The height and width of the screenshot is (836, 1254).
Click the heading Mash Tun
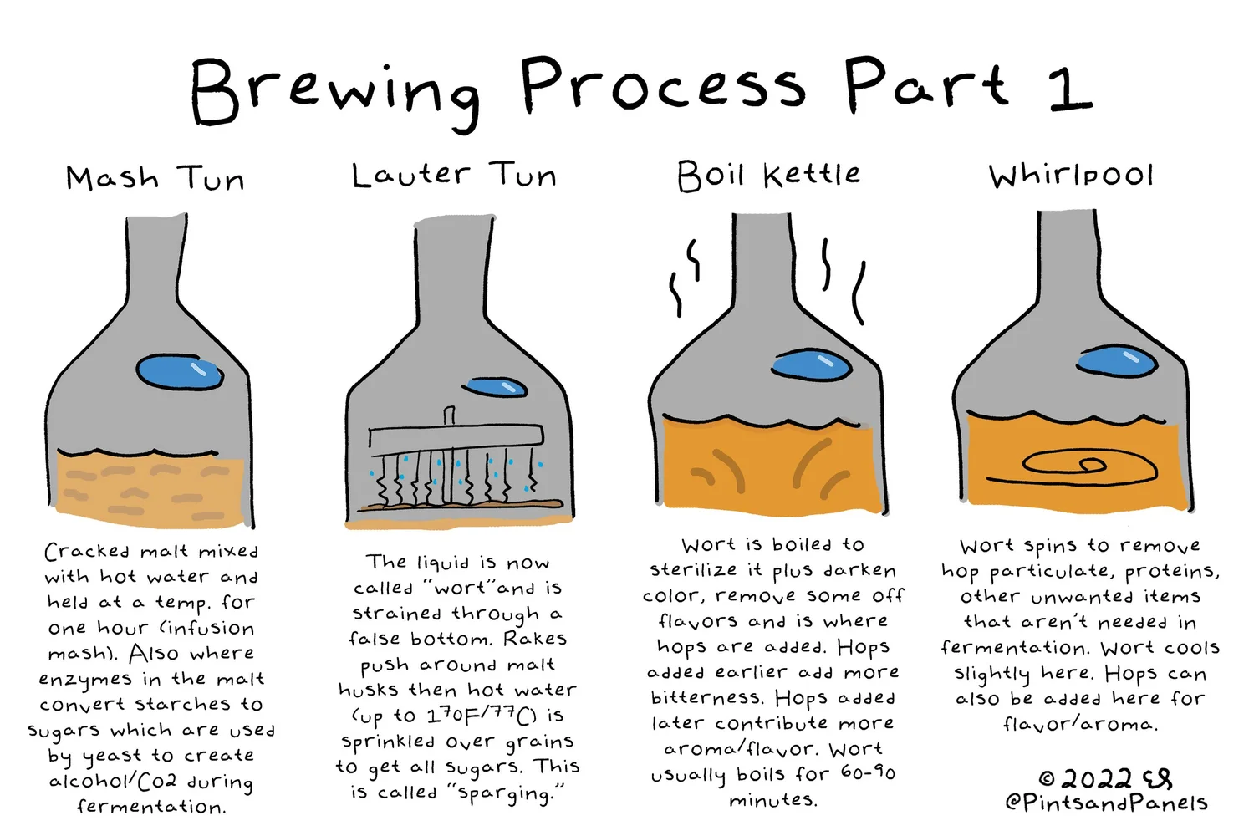tap(155, 178)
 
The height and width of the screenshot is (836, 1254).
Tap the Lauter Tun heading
tap(454, 176)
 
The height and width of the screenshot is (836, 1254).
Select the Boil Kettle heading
tap(768, 176)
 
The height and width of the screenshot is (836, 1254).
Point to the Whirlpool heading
tap(1071, 176)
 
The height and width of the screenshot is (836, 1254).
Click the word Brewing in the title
tap(334, 92)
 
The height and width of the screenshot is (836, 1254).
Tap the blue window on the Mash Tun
tap(180, 372)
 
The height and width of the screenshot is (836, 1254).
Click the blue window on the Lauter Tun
tap(496, 387)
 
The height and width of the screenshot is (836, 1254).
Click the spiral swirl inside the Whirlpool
tap(1078, 468)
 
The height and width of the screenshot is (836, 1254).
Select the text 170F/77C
tap(481, 716)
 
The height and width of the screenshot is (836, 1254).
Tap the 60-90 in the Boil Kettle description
tap(867, 772)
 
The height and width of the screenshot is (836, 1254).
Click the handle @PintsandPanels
tap(1105, 803)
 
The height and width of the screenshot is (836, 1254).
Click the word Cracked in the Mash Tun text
tap(87, 552)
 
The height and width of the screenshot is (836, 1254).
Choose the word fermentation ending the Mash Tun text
tap(150, 807)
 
